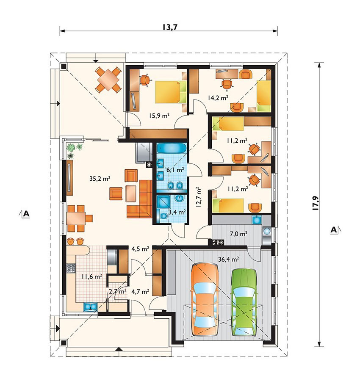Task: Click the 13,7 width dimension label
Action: pyautogui.click(x=170, y=27)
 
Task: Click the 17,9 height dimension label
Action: pyautogui.click(x=316, y=203)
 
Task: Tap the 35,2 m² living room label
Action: pyautogui.click(x=100, y=179)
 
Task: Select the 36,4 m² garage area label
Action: pyautogui.click(x=228, y=259)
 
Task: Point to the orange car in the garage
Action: pyautogui.click(x=205, y=299)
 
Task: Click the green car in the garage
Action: pyautogui.click(x=244, y=302)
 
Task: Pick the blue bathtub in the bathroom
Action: pyautogui.click(x=172, y=148)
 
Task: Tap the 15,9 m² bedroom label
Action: pyautogui.click(x=159, y=116)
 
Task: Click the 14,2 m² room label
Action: pyautogui.click(x=218, y=98)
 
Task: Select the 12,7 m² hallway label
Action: pyautogui.click(x=199, y=197)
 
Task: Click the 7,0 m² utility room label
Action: pyautogui.click(x=238, y=234)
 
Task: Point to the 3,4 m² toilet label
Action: pyautogui.click(x=177, y=212)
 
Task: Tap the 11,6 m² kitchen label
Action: pyautogui.click(x=91, y=276)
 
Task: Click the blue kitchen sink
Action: pyautogui.click(x=91, y=307)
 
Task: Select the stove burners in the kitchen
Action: pyautogui.click(x=71, y=268)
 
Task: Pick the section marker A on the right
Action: pyautogui.click(x=336, y=229)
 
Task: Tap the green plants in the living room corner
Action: pyautogui.click(x=74, y=150)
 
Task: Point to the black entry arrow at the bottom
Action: pyautogui.click(x=119, y=349)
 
